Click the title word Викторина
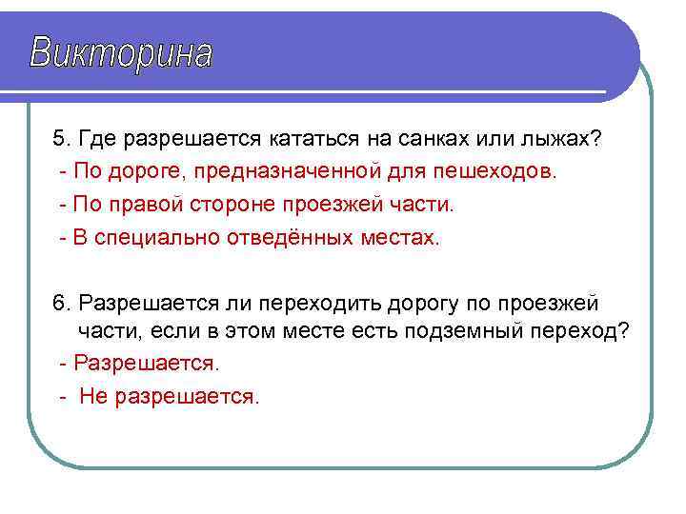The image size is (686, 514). pyautogui.click(x=121, y=54)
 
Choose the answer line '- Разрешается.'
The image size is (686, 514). pyautogui.click(x=139, y=364)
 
